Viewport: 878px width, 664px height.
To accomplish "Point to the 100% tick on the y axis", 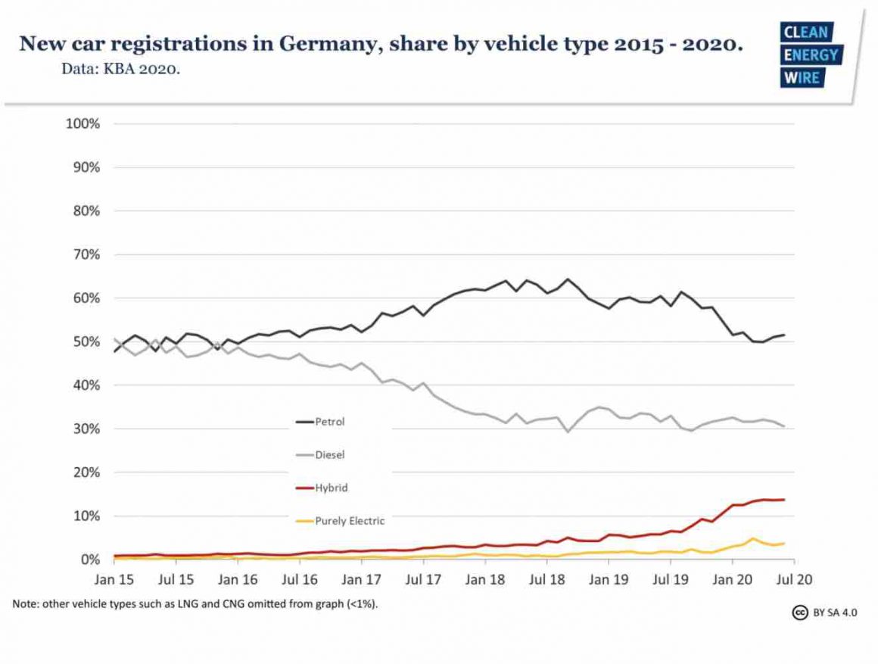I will point(83,123).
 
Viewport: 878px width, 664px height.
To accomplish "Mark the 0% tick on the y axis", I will point(89,560).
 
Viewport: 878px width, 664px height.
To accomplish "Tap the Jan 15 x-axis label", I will point(114,579).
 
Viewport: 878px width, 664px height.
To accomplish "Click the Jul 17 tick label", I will point(423,579).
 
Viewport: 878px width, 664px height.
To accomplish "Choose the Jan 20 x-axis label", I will point(732,579).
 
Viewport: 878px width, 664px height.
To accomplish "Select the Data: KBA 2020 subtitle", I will point(121,70).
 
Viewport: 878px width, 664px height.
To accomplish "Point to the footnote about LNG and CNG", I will point(195,604).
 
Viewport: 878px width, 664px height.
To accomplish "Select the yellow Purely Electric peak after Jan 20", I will point(753,539).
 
